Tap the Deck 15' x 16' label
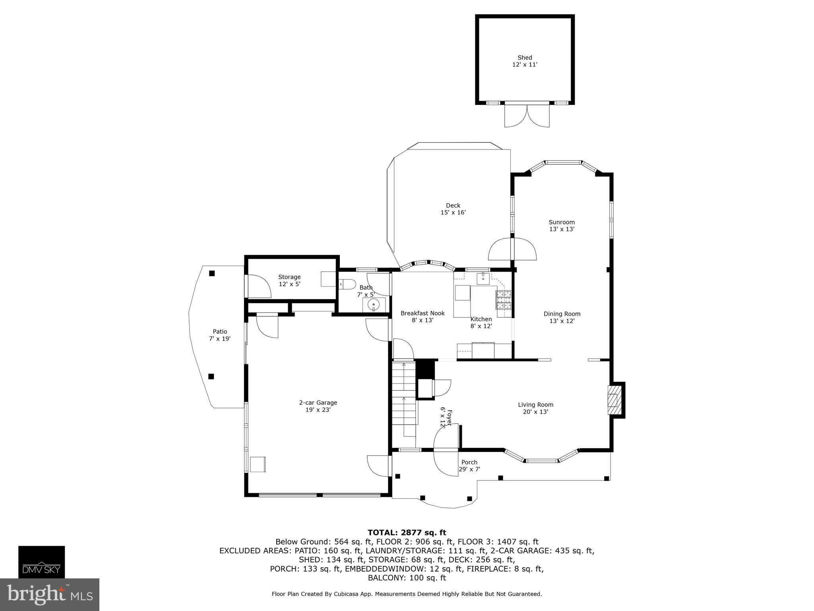(453, 209)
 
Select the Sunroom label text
(562, 222)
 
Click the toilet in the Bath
(348, 284)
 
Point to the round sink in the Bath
(374, 305)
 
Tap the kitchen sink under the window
(483, 278)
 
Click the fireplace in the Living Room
(615, 400)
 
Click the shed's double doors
(527, 116)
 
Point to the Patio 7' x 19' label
(220, 335)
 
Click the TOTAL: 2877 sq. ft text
(407, 533)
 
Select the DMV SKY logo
(41, 562)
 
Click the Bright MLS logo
(49, 594)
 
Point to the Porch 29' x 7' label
(469, 465)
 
